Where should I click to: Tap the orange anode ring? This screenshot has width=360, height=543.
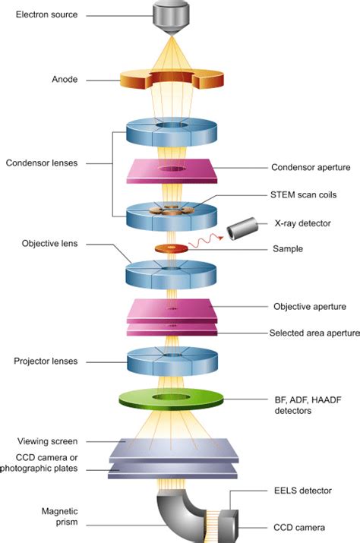point(137,81)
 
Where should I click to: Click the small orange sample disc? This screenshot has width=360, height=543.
point(169,248)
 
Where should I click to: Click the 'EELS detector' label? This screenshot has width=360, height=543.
point(302,491)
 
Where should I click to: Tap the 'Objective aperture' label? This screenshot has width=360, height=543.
point(310,307)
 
